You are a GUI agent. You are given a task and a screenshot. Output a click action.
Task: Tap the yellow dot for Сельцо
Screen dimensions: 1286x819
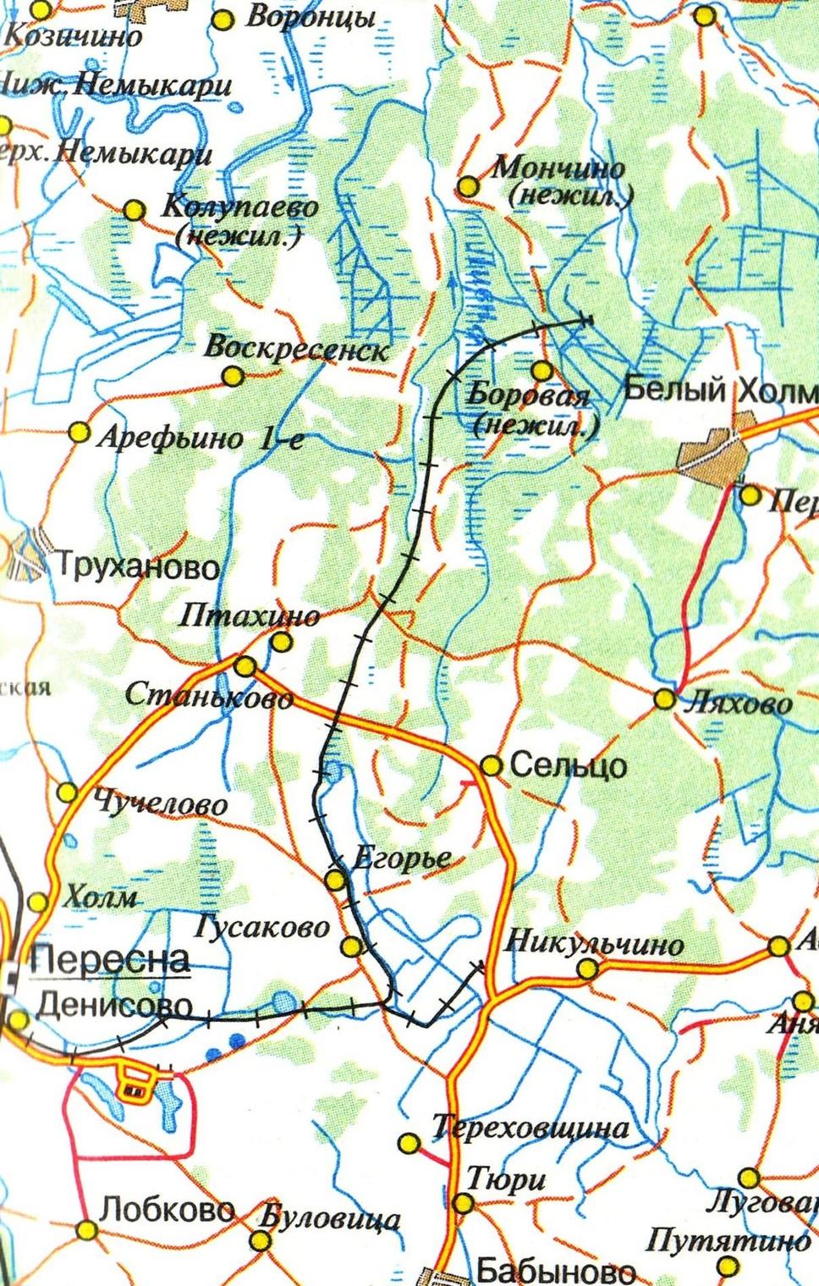tap(491, 765)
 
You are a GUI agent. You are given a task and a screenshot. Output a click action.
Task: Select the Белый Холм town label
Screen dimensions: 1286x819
tap(719, 391)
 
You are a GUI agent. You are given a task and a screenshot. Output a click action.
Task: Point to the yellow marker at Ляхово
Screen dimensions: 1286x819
tap(665, 699)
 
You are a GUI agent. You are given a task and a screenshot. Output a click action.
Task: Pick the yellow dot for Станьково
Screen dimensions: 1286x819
tap(245, 666)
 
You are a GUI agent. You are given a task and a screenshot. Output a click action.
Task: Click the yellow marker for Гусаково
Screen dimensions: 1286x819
tap(352, 946)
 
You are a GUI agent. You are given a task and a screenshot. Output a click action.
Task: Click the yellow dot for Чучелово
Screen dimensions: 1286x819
tap(67, 793)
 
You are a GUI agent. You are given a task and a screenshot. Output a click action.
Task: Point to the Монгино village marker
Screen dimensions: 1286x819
tap(468, 186)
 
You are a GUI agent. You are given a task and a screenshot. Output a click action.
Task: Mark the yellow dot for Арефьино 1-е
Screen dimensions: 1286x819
tap(79, 433)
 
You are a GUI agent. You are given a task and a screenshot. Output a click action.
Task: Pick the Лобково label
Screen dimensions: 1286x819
tap(166, 1209)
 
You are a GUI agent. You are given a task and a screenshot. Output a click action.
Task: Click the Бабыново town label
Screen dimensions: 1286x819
tap(555, 1270)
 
